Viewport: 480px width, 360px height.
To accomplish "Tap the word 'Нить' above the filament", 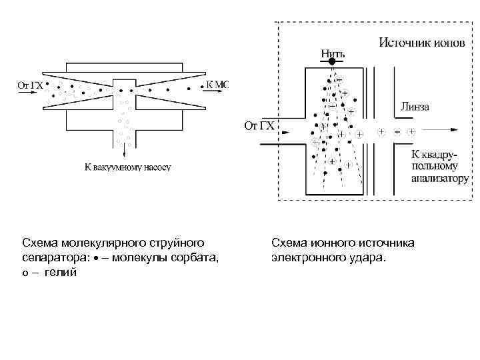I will pyautogui.click(x=333, y=52).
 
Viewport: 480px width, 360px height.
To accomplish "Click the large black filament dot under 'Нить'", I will pyautogui.click(x=333, y=61).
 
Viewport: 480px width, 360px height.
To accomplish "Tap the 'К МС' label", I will pyautogui.click(x=217, y=85).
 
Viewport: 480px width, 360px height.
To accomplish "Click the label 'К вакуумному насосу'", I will pyautogui.click(x=127, y=167).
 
